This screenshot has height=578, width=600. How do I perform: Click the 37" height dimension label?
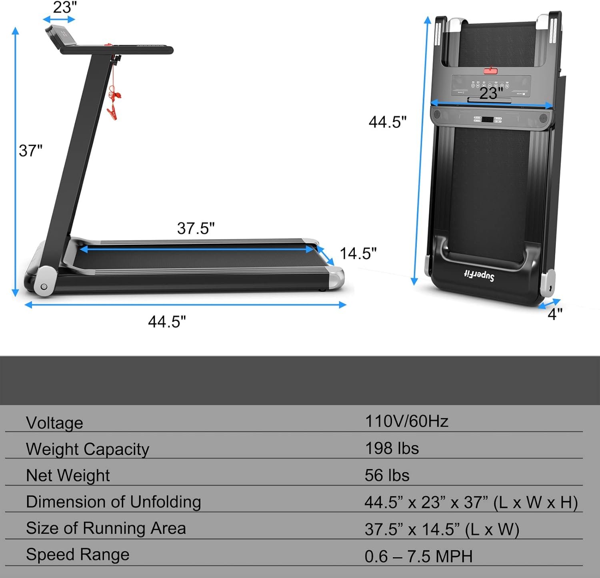coord(30,151)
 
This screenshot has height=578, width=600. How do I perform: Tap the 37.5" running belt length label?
coord(196,228)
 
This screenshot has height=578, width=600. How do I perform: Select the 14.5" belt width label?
coord(358,253)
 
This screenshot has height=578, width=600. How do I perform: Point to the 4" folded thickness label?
coord(555,314)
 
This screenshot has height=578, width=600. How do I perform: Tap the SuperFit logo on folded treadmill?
coord(479,275)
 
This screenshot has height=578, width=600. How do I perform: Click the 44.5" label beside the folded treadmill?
coord(387,122)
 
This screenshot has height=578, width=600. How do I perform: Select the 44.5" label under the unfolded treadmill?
coord(167,321)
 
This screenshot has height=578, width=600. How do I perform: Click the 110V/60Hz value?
coord(406,421)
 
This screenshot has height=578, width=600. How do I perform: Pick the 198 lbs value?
coord(392,448)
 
